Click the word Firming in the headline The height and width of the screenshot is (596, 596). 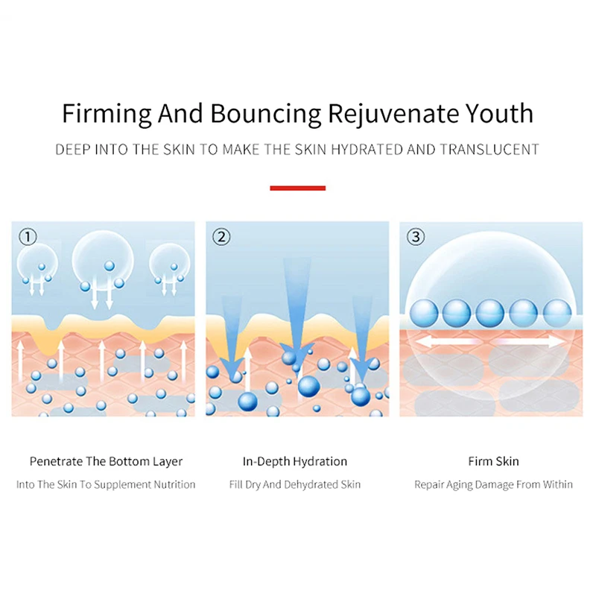pyautogui.click(x=107, y=114)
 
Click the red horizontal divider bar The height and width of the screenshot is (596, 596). pyautogui.click(x=297, y=188)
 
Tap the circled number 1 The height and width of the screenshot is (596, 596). pyautogui.click(x=28, y=237)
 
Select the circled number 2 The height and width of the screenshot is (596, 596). pyautogui.click(x=221, y=237)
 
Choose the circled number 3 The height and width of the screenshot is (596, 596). pyautogui.click(x=416, y=237)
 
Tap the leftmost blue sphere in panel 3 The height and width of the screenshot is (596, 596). pyautogui.click(x=424, y=312)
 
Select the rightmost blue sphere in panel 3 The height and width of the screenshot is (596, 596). pyautogui.click(x=557, y=312)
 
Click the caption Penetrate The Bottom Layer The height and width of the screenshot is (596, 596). pyautogui.click(x=106, y=461)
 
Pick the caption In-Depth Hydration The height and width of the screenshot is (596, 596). pyautogui.click(x=295, y=461)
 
